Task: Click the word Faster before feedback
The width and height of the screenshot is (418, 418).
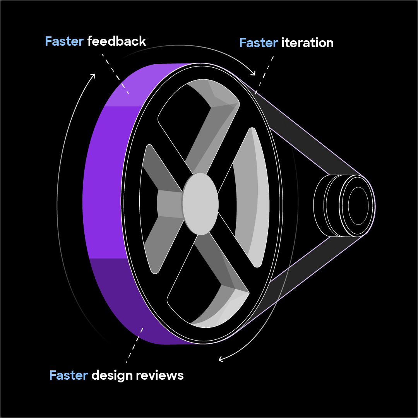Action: (64, 41)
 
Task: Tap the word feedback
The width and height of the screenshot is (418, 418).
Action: (116, 41)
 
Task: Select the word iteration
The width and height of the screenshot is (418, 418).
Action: (307, 43)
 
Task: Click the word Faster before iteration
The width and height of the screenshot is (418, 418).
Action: (258, 43)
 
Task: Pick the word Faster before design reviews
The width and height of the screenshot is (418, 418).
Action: (69, 375)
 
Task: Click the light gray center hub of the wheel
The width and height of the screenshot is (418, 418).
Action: (200, 204)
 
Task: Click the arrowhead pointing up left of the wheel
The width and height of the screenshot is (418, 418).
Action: (93, 75)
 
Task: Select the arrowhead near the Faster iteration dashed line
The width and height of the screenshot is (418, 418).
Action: (253, 73)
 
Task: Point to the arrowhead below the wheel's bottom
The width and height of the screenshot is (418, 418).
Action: (221, 360)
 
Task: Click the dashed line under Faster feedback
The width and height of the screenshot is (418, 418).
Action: (115, 74)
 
